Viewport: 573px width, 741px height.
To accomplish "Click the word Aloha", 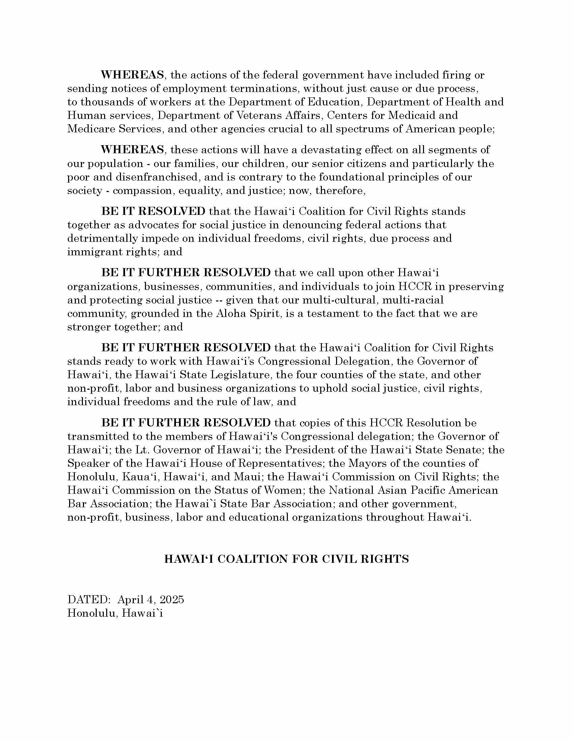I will point(232,314).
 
